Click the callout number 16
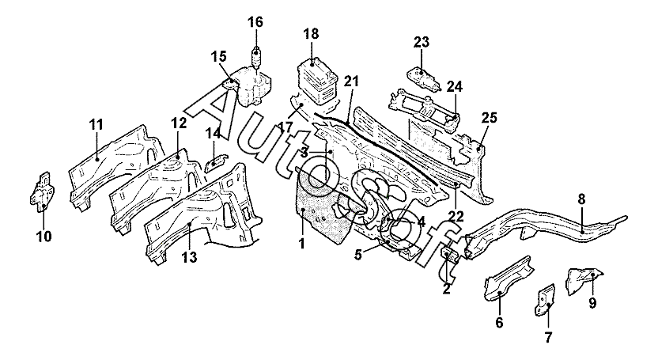(255, 22)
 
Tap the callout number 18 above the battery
(312, 33)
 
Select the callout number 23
(422, 42)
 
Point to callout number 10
(44, 237)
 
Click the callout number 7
(548, 336)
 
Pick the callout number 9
(592, 302)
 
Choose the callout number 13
(190, 257)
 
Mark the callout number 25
(489, 118)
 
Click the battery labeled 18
(320, 82)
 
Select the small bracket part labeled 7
(544, 300)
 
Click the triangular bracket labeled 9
(585, 279)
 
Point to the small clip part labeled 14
(216, 161)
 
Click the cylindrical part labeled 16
(255, 57)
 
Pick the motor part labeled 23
(423, 80)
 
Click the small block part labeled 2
(448, 255)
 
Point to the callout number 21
(352, 81)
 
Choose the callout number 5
(357, 255)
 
